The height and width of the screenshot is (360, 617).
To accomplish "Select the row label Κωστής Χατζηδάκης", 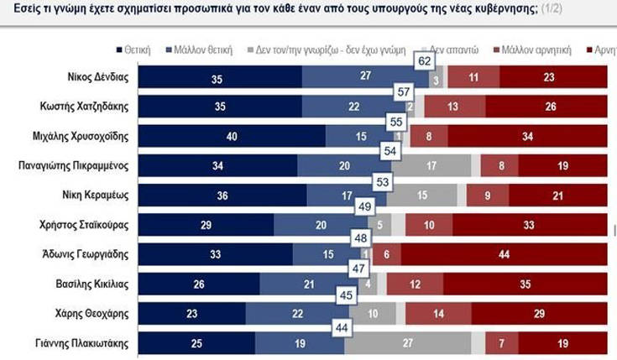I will pos(87,107).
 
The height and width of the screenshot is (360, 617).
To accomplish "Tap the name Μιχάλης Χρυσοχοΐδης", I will pos(84,136).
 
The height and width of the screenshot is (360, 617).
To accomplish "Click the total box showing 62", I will pos(426,61).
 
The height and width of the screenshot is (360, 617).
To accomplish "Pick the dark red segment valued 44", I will pos(504,254).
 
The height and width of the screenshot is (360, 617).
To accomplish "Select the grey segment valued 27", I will pos(407,342).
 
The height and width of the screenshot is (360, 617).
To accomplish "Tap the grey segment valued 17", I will pos(431,166).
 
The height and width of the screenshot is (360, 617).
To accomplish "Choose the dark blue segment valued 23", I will pos(191,313).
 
